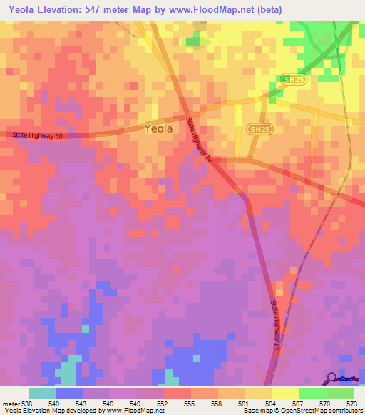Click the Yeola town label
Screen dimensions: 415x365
(x=158, y=129)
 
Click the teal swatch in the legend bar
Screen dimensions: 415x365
(x=42, y=393)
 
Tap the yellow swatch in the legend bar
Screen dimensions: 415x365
(x=286, y=393)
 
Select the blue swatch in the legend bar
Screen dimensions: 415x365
(x=69, y=393)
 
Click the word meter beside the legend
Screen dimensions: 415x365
(x=11, y=403)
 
